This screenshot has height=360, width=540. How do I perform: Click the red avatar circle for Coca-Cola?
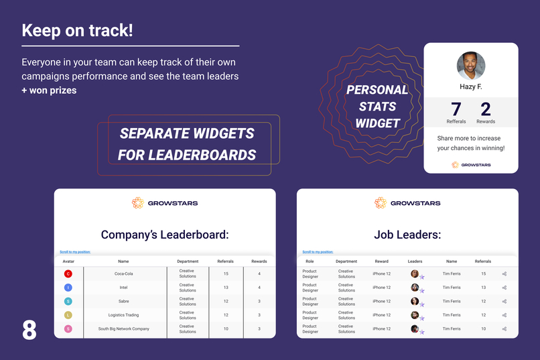pyautogui.click(x=68, y=274)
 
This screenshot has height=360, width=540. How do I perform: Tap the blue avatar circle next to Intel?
pyautogui.click(x=68, y=288)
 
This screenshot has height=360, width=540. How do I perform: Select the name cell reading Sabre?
pyautogui.click(x=123, y=301)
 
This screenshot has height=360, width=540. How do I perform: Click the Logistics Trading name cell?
pyautogui.click(x=123, y=315)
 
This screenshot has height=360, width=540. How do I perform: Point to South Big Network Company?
pyautogui.click(x=123, y=328)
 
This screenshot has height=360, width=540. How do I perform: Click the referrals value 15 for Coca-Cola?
pyautogui.click(x=226, y=274)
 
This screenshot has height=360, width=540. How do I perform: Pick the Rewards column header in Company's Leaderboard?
pyautogui.click(x=259, y=261)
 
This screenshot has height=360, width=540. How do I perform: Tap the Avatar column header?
pyautogui.click(x=68, y=261)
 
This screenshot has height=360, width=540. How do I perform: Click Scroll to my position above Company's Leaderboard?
pyautogui.click(x=75, y=252)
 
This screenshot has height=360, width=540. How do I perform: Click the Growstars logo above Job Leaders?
pyautogui.click(x=407, y=202)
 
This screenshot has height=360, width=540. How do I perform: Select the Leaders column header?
pyautogui.click(x=415, y=261)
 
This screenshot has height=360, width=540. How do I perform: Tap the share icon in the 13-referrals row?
pyautogui.click(x=504, y=288)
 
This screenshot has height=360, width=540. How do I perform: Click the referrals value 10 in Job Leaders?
pyautogui.click(x=483, y=328)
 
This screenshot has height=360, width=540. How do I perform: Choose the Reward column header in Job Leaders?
pyautogui.click(x=381, y=261)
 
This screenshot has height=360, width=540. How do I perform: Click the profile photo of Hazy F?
pyautogui.click(x=471, y=66)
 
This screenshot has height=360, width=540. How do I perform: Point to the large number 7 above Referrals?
pyautogui.click(x=456, y=109)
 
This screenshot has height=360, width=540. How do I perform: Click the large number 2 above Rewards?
pyautogui.click(x=486, y=109)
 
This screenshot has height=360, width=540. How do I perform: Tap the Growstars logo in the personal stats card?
pyautogui.click(x=471, y=164)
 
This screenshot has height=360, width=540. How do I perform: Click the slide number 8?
pyautogui.click(x=29, y=330)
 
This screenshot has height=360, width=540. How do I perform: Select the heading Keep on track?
pyautogui.click(x=77, y=31)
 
